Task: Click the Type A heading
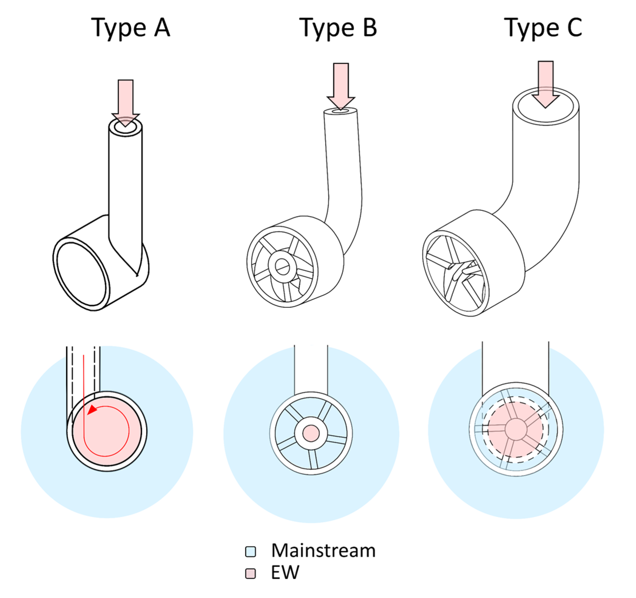coord(130,28)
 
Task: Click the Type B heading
coord(338,28)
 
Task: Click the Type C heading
coord(543,28)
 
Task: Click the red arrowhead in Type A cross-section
coord(92,410)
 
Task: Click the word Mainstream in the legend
coord(323,551)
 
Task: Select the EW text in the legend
coord(285,573)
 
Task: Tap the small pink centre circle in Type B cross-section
coord(311,434)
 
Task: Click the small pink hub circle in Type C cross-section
coord(516,429)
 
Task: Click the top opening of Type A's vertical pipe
coord(125,127)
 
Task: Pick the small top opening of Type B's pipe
coord(340,111)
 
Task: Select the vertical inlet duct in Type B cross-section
coord(311,370)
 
